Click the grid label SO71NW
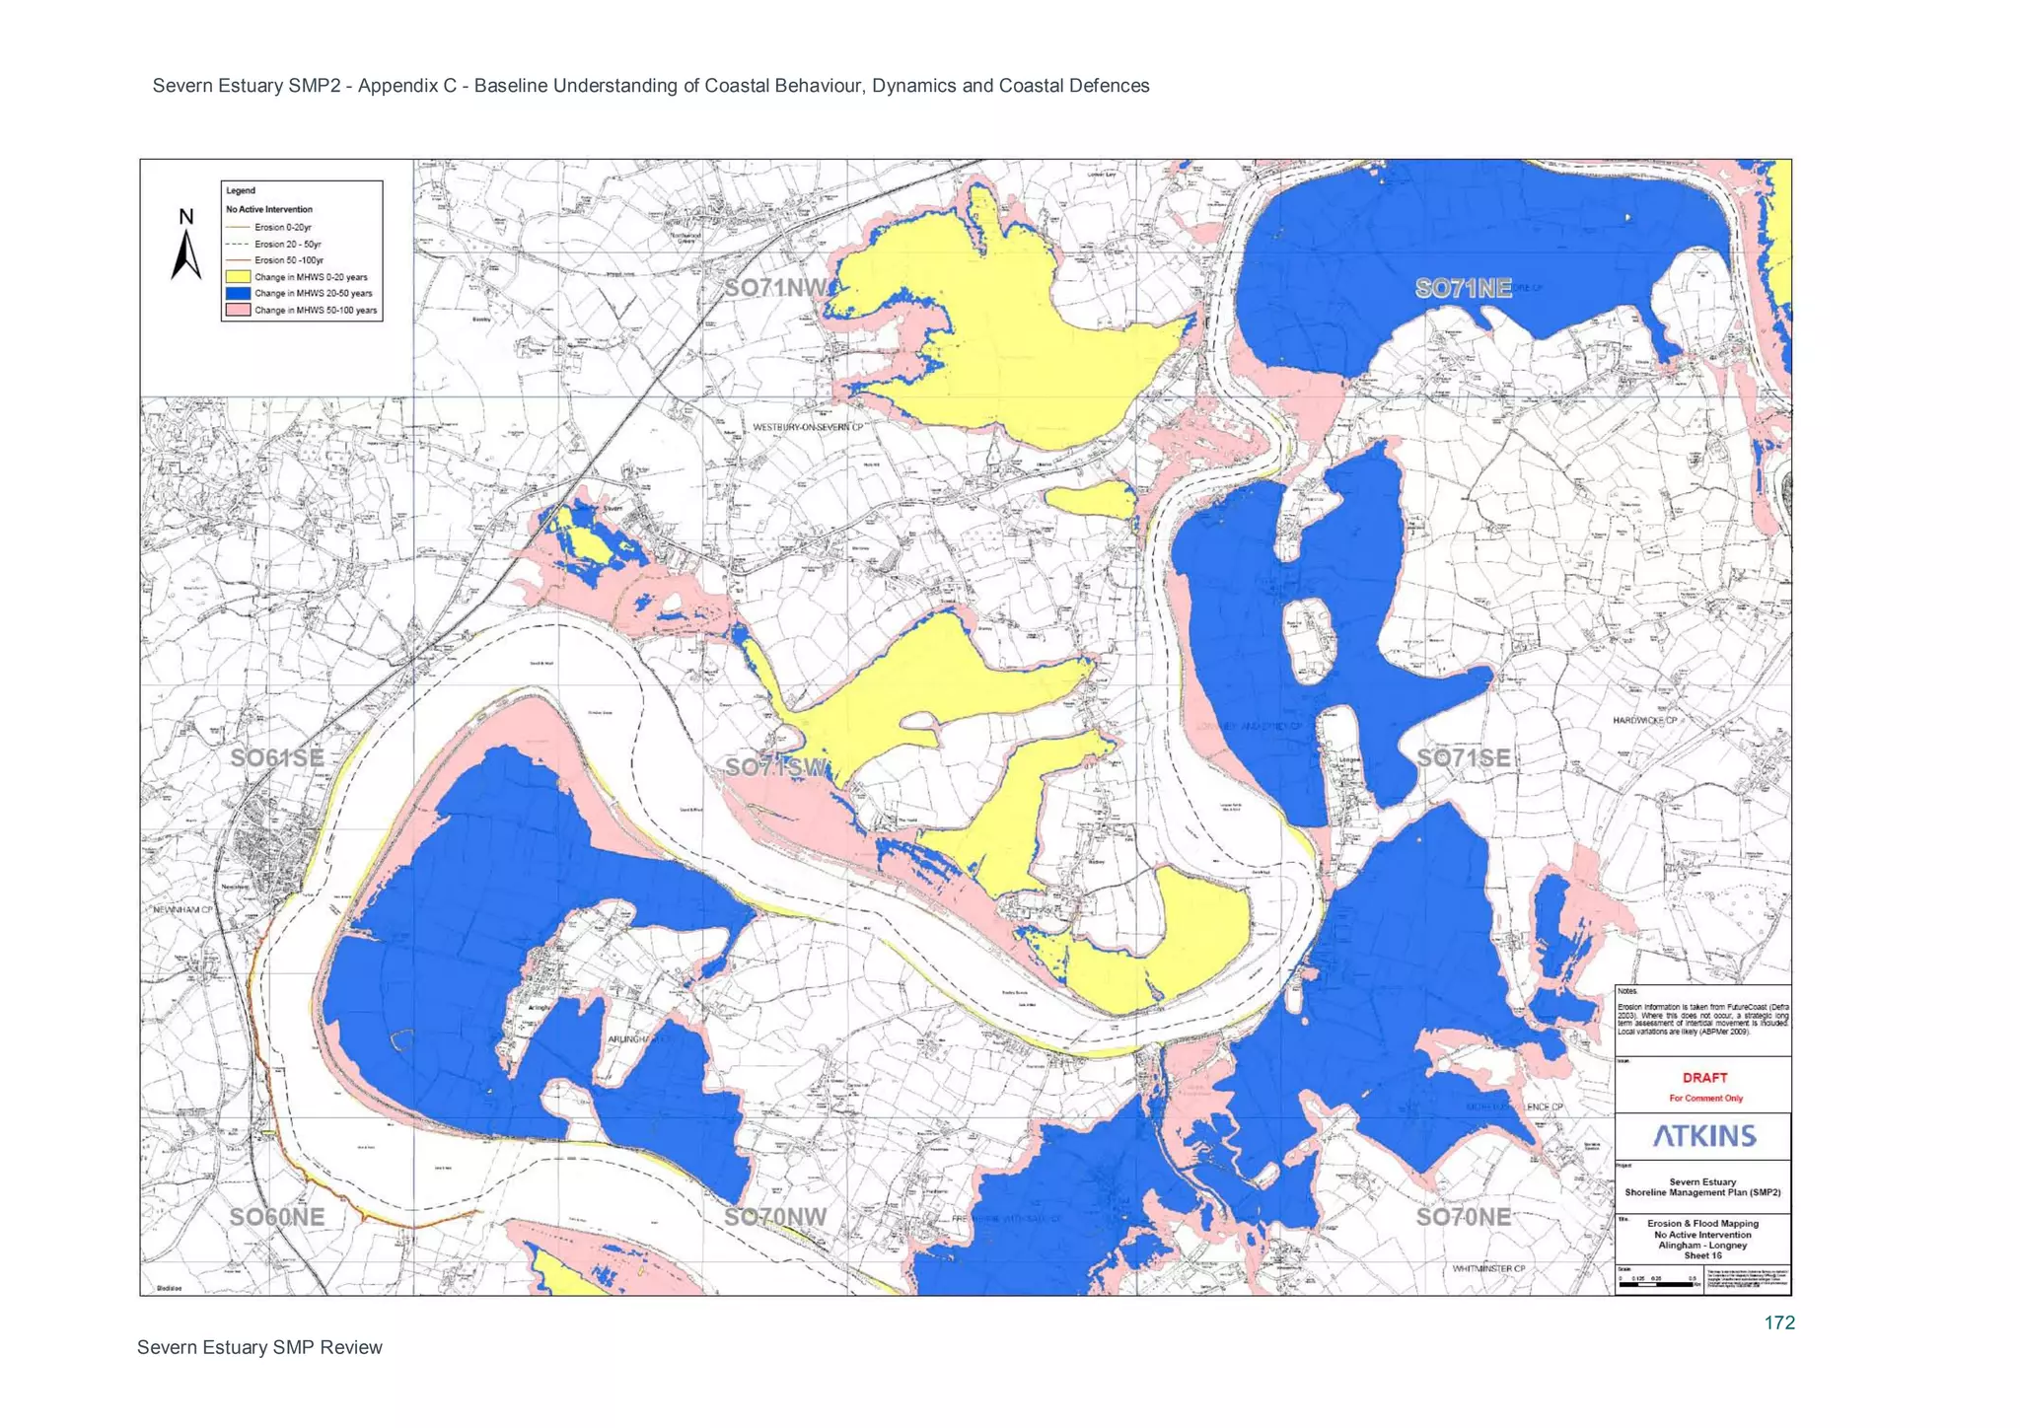pos(775,288)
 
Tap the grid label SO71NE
pos(1463,288)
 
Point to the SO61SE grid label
pos(276,757)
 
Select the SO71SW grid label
pos(775,767)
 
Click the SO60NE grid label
pos(276,1217)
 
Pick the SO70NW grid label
pos(775,1217)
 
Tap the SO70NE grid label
pos(1463,1217)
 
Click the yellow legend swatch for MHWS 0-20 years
pos(238,277)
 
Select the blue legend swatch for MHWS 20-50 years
pos(238,294)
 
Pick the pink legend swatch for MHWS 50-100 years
pos(238,310)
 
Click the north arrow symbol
pos(185,252)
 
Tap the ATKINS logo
pos(1704,1136)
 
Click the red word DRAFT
pos(1704,1078)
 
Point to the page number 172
pos(1779,1323)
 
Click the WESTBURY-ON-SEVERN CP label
pos(807,427)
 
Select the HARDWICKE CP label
pos(1644,721)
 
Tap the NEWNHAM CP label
pos(182,909)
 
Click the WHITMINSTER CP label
pos(1488,1268)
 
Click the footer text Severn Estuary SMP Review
pos(259,1348)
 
